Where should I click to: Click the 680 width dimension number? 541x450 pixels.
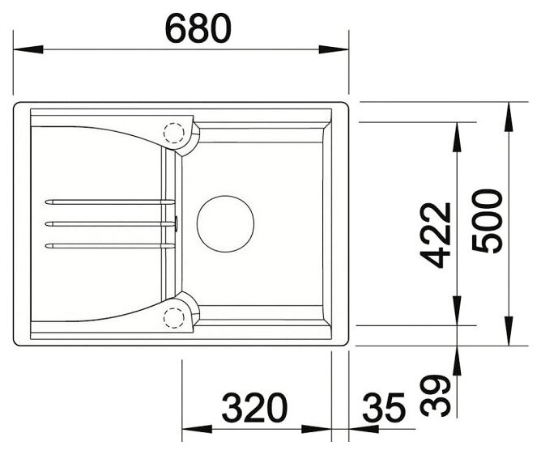coord(198,29)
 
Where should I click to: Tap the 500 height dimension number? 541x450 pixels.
coord(487,221)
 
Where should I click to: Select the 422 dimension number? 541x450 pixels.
coord(436,236)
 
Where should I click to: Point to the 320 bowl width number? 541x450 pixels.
coord(254,408)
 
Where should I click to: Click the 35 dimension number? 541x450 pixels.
coord(384,408)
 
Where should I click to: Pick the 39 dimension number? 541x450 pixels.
coord(436,396)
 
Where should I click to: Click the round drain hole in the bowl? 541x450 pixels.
coord(225,224)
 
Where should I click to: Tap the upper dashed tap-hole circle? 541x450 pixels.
coord(174,133)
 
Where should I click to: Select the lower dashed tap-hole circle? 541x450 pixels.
coord(174,317)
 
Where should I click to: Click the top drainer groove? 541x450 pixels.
coord(110,202)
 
